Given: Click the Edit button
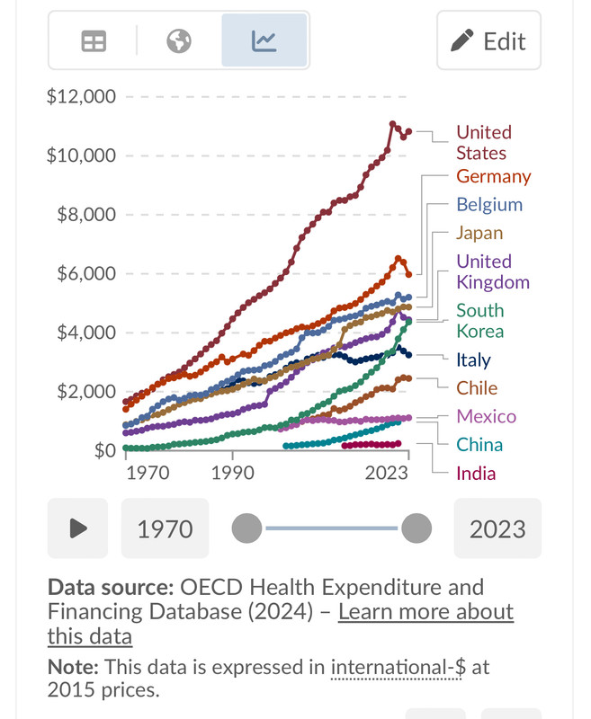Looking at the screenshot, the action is (x=488, y=40).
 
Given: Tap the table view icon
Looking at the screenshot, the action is (x=94, y=41).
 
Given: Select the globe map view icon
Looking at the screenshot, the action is (x=178, y=41).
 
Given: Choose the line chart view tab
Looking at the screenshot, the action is (x=264, y=40).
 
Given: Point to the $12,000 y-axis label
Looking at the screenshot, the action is (x=81, y=97).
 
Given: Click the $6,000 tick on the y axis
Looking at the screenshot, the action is (x=86, y=274).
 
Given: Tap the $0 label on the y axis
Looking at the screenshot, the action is (x=105, y=451).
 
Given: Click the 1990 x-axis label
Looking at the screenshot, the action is (x=233, y=473).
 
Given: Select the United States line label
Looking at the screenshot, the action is (x=484, y=143).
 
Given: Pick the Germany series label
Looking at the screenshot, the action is (x=493, y=176).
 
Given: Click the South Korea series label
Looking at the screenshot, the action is (x=480, y=321).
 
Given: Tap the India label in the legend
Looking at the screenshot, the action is (x=476, y=474).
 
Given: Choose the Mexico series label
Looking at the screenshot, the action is (x=486, y=416).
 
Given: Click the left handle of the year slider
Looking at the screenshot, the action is (x=246, y=528).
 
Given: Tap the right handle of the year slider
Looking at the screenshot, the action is (x=416, y=528).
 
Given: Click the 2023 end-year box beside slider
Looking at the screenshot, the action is (x=497, y=528).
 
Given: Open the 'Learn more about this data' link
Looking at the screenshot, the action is (x=281, y=624).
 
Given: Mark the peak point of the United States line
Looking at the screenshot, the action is (x=392, y=124).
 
